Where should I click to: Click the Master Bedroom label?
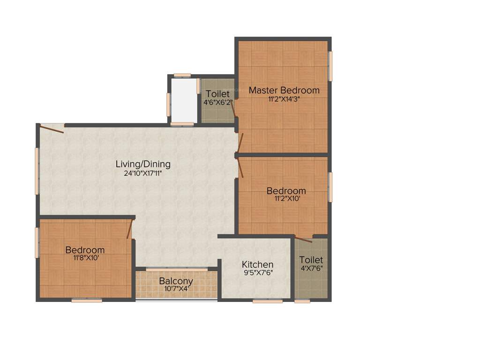[x=284, y=90]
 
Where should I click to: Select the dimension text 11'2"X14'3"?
[x=281, y=99]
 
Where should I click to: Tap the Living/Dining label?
[x=143, y=165]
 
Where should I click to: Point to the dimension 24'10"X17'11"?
[x=143, y=173]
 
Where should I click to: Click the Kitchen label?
[x=257, y=265]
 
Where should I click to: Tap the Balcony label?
[x=176, y=281]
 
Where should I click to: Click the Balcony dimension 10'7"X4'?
[x=176, y=289]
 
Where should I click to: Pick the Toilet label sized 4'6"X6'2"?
[x=217, y=94]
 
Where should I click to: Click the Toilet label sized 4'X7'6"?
[x=311, y=260]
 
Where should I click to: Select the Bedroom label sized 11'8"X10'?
[x=85, y=250]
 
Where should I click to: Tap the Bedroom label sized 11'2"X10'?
[x=286, y=191]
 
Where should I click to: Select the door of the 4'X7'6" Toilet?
[x=303, y=239]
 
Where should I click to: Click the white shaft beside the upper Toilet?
[x=183, y=100]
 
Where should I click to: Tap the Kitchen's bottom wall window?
[x=267, y=301]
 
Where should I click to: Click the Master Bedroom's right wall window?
[x=330, y=66]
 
